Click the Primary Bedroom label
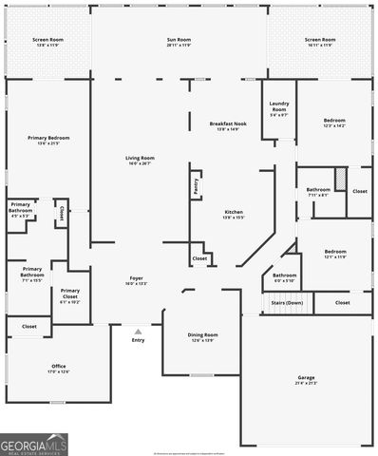coord(47,140)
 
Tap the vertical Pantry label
coord(196,185)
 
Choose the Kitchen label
coord(234,214)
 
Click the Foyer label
coord(136,280)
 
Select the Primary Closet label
coord(69,294)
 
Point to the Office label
coord(59,368)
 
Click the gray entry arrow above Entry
coord(138,332)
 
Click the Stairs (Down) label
coord(287,303)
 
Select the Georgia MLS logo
coord(34,444)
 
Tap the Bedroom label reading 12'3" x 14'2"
coord(334,123)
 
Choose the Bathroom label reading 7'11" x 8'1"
coord(318,191)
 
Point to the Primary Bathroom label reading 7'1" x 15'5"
coord(32,272)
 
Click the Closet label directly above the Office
coord(29,327)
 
